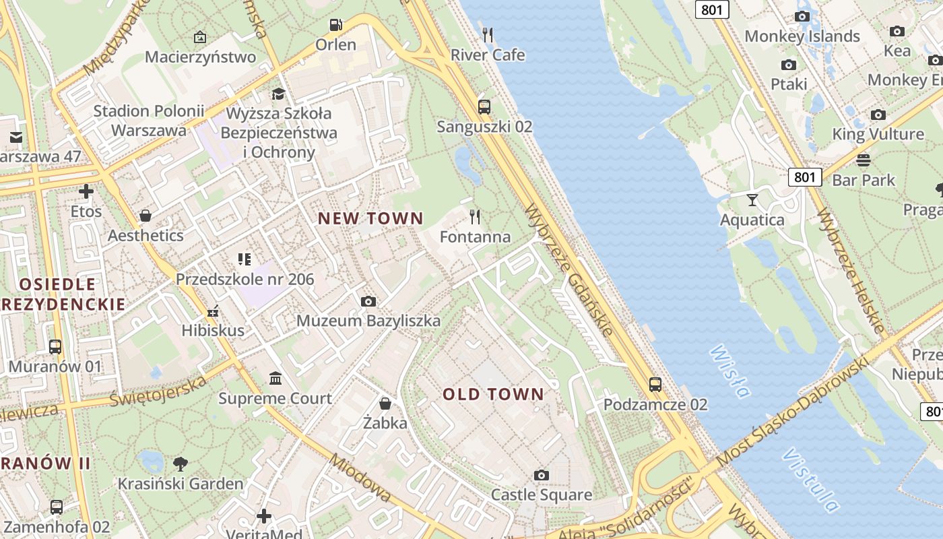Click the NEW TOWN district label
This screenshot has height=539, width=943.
(370, 218)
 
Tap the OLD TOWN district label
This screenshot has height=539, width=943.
(493, 395)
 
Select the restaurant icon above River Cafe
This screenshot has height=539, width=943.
(488, 34)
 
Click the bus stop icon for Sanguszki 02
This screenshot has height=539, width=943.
(484, 106)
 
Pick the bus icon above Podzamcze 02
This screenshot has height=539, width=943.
(655, 384)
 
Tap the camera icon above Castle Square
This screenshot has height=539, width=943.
(541, 475)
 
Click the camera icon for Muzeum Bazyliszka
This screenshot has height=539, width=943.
(368, 301)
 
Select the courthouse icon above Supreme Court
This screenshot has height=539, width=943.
(275, 378)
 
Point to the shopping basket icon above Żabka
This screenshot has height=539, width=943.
(385, 403)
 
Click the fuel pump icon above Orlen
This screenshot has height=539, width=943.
(335, 25)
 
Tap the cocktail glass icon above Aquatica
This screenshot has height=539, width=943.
(752, 200)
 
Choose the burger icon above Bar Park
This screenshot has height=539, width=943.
(863, 160)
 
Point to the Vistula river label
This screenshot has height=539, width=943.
(811, 480)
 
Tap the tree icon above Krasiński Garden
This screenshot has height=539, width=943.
(180, 464)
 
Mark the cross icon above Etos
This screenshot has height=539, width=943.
(86, 191)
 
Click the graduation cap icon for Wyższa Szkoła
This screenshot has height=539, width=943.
(278, 93)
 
